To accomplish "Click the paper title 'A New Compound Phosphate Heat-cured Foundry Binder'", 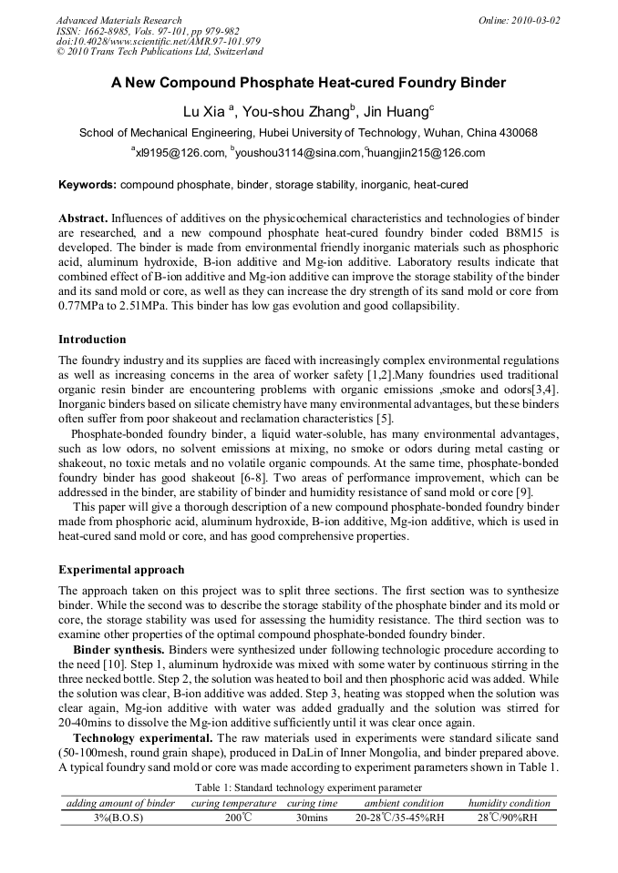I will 308,84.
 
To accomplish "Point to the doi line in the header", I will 159,41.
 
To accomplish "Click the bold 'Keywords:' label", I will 88,185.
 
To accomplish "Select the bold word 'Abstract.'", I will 84,218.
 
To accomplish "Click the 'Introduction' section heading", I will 92,339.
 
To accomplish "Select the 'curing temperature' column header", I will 233,803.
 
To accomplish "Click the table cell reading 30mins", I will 312,817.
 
